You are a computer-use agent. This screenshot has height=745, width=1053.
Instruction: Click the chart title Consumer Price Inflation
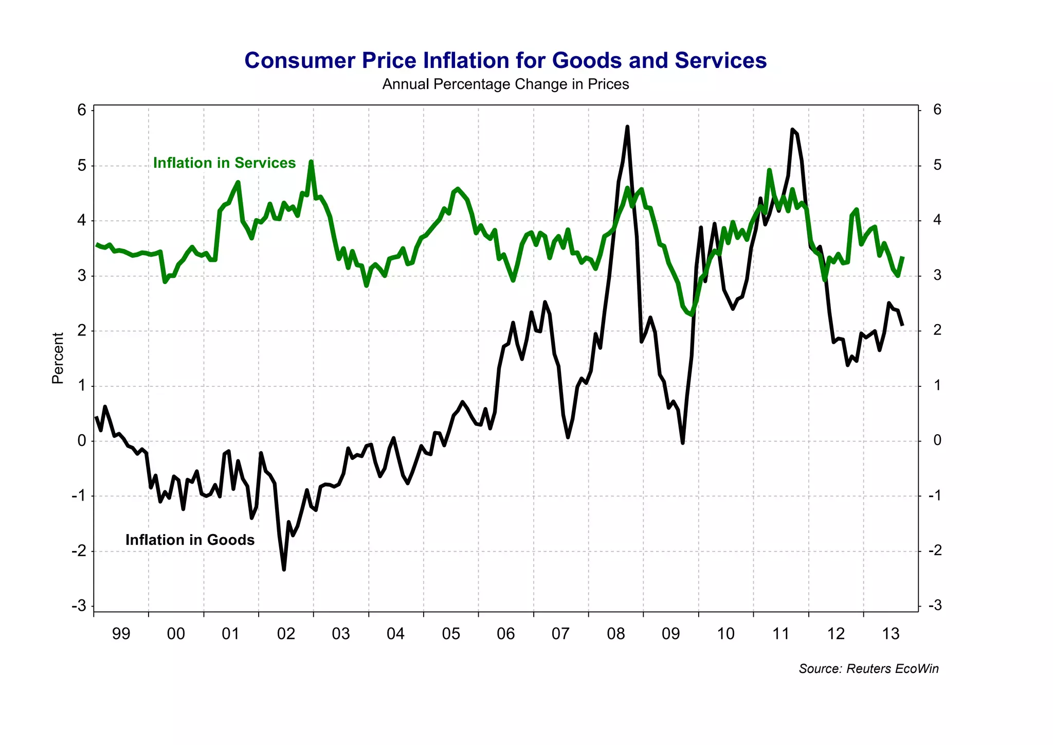[x=505, y=61]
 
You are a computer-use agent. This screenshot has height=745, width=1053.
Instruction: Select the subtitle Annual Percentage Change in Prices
[x=505, y=84]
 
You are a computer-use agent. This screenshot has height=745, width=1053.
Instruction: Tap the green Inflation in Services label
[x=224, y=163]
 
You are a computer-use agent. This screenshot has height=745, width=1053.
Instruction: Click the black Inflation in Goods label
[x=190, y=540]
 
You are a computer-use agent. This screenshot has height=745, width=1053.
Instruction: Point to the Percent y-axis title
[x=58, y=358]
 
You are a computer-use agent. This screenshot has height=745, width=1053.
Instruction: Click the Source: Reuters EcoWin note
[x=868, y=669]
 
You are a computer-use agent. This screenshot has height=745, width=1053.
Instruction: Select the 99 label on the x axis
[x=121, y=633]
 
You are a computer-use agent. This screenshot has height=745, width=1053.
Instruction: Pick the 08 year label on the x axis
[x=615, y=633]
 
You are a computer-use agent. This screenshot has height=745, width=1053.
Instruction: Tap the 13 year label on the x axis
[x=891, y=633]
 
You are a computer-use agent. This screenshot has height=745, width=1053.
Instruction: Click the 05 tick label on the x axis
[x=451, y=633]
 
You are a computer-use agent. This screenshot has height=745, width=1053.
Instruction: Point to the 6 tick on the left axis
[x=82, y=110]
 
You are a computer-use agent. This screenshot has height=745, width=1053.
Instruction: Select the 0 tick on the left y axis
[x=82, y=441]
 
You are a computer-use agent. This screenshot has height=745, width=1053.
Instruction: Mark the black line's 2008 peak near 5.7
[x=627, y=127]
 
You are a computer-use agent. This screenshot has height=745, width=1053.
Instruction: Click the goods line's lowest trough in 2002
[x=284, y=569]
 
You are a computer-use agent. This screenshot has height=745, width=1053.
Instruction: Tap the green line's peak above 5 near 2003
[x=311, y=162]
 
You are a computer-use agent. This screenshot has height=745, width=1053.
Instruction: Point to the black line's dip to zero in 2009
[x=682, y=442]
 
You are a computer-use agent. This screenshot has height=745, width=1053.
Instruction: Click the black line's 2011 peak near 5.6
[x=792, y=130]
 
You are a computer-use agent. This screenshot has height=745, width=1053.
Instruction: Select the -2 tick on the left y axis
[x=79, y=551]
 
